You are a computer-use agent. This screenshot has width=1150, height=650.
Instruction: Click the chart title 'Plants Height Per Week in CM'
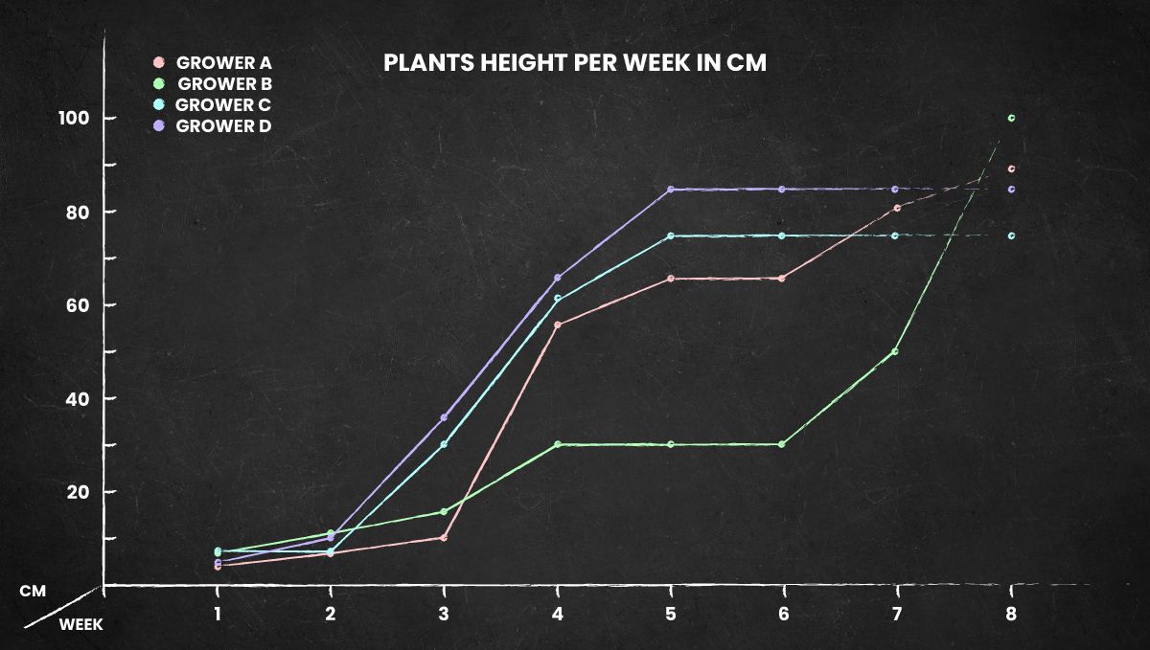574,63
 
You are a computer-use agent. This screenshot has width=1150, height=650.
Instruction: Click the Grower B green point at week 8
1011,118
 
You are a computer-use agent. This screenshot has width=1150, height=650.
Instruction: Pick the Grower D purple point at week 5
671,190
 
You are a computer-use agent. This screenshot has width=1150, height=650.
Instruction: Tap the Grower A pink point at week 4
558,325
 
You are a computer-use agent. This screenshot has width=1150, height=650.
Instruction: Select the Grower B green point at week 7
895,351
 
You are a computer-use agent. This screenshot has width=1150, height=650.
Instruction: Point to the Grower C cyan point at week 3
444,444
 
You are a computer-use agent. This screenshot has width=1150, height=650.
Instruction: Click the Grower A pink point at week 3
443,538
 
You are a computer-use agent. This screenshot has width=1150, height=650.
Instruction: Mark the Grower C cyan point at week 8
1011,235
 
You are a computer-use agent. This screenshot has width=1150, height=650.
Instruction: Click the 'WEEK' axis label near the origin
80,624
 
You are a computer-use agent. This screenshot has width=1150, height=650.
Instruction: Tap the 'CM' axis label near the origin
33,592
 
